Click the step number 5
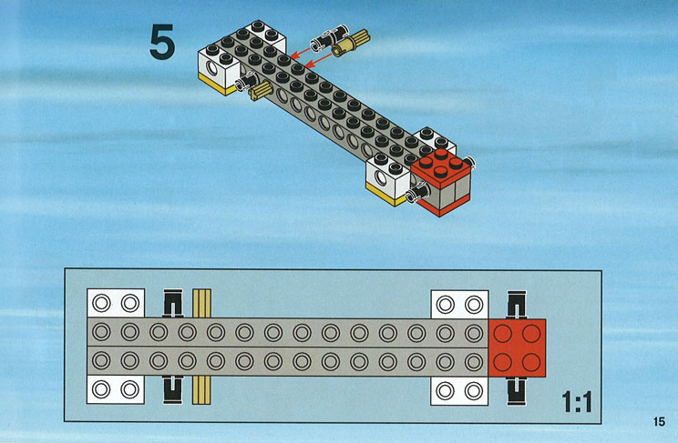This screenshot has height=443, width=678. [x=162, y=42]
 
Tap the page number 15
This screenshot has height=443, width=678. [x=659, y=421]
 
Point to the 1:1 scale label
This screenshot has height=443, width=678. [x=577, y=401]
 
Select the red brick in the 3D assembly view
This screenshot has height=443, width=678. [x=441, y=182]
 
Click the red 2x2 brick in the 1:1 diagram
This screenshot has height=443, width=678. [x=517, y=348]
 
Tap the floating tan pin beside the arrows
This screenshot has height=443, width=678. [x=351, y=43]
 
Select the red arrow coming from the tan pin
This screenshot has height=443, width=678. [x=318, y=60]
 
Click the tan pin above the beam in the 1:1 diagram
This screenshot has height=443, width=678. [x=201, y=304]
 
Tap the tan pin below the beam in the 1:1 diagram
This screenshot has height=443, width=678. [x=201, y=390]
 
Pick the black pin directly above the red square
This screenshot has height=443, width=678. [x=517, y=305]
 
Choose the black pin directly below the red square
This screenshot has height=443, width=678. [x=517, y=391]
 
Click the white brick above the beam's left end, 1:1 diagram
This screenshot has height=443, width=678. [x=116, y=303]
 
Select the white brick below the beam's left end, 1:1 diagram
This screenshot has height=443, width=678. [x=116, y=390]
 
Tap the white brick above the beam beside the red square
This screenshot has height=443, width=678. [x=459, y=305]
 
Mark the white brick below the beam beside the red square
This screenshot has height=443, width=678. [x=459, y=391]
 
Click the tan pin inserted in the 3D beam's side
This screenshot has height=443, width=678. [x=261, y=91]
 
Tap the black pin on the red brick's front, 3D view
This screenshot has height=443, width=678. [x=417, y=193]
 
